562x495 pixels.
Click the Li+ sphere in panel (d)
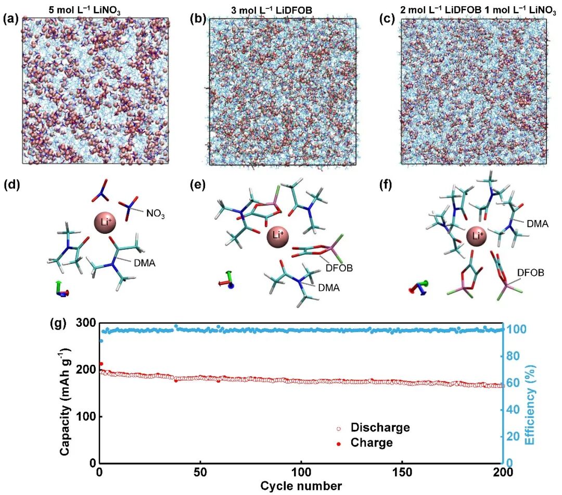pyautogui.click(x=105, y=223)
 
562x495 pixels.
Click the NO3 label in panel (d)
pyautogui.click(x=156, y=214)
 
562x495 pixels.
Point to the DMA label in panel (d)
pyautogui.click(x=145, y=263)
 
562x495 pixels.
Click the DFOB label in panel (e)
pyautogui.click(x=339, y=268)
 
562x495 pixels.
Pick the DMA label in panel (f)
pyautogui.click(x=538, y=224)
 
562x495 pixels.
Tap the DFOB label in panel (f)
pyautogui.click(x=530, y=273)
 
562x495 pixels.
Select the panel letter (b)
pyautogui.click(x=198, y=19)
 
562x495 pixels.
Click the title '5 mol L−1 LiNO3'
pyautogui.click(x=85, y=11)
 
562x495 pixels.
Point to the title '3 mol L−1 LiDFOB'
pyautogui.click(x=271, y=10)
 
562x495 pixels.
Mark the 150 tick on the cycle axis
pyautogui.click(x=402, y=473)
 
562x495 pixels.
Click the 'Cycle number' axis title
pyautogui.click(x=301, y=486)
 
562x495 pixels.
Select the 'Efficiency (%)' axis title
pyautogui.click(x=531, y=404)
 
